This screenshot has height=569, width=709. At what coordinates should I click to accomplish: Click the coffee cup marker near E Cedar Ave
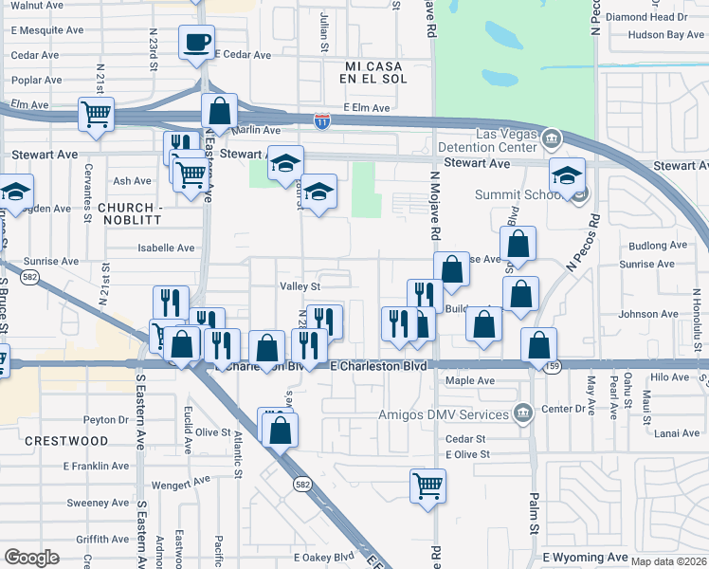click(x=196, y=42)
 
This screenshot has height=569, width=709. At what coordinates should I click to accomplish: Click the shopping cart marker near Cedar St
click(x=427, y=486)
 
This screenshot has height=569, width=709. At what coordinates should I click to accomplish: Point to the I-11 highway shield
click(x=322, y=120)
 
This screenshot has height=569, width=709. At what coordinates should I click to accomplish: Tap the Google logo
click(x=31, y=557)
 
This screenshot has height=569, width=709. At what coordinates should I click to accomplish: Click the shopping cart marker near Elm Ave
click(x=96, y=115)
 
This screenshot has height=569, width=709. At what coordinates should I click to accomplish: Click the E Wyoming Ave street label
click(x=585, y=557)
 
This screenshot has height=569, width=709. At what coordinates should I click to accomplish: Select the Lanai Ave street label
click(x=676, y=433)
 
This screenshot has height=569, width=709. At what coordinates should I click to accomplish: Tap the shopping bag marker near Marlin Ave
click(x=219, y=110)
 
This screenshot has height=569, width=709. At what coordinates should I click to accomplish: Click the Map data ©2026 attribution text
click(x=668, y=561)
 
